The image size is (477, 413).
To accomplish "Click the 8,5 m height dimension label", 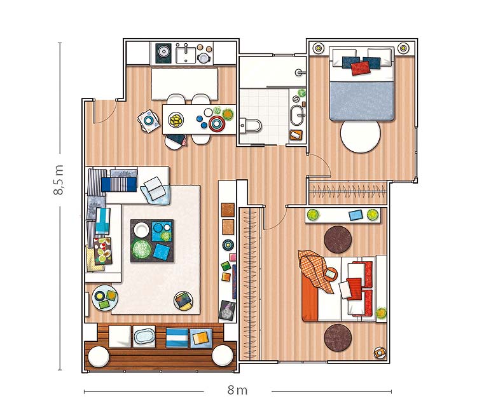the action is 59,180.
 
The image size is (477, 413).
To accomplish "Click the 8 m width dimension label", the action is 237,390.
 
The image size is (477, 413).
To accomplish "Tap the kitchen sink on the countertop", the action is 186,53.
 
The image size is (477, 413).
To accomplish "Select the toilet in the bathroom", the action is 251,126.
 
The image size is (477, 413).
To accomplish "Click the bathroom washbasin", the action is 297,115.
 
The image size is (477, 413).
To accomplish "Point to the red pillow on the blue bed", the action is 361,69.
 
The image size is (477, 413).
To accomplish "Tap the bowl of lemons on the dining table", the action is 176,120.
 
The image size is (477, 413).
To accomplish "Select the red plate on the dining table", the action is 217,123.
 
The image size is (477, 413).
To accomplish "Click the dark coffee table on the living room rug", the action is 152,241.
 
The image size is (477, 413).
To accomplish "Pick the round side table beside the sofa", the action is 105,297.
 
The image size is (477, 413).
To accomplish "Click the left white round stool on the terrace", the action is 98,357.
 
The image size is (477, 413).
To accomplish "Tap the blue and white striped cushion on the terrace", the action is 177,337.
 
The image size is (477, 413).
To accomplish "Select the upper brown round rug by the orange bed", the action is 338,240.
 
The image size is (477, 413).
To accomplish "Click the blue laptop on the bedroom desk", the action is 356,215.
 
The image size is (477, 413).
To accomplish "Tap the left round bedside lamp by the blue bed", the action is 318,48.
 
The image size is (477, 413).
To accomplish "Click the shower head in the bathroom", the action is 299,72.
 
